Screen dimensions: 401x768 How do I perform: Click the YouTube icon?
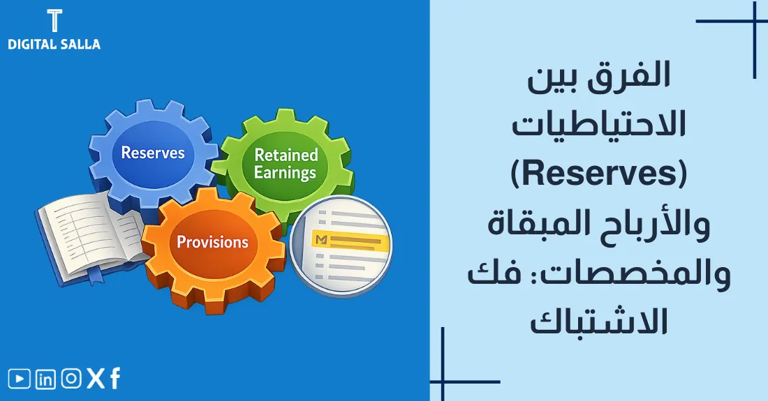(x=20, y=379)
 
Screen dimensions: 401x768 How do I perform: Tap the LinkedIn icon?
(x=45, y=379)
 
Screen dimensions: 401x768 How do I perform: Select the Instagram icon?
(x=71, y=379)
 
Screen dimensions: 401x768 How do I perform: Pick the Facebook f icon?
(x=115, y=379)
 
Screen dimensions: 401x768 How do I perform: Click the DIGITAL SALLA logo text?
(x=54, y=44)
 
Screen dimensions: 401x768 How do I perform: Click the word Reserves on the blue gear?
(x=153, y=152)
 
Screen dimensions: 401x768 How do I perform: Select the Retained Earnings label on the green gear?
(x=286, y=163)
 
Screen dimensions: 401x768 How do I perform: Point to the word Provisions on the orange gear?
(x=212, y=242)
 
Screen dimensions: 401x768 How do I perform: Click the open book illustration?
(x=91, y=237)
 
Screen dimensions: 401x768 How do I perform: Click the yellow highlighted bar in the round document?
(x=352, y=240)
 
